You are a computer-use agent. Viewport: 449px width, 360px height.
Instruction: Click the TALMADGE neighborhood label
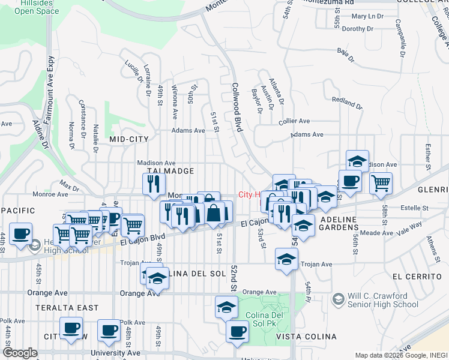click(170, 171)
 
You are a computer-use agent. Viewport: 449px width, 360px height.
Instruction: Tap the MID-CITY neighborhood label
click(128, 139)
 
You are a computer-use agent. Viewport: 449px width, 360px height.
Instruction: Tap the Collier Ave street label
click(294, 121)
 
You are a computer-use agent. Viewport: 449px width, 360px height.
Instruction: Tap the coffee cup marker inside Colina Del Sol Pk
click(237, 330)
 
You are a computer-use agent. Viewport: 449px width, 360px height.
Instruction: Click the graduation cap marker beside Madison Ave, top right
click(357, 160)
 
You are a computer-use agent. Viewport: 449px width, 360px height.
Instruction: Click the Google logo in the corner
click(20, 353)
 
